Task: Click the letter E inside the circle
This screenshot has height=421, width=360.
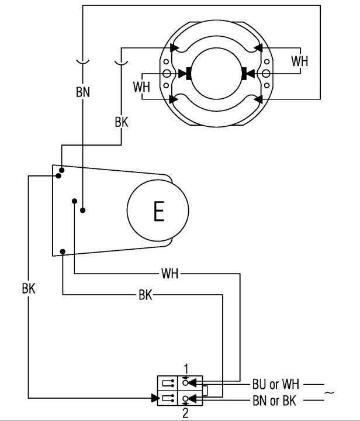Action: point(158,211)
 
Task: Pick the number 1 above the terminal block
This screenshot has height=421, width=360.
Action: point(186,368)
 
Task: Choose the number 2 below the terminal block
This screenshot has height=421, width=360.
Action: point(186,414)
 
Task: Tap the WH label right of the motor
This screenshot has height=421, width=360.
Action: point(300,60)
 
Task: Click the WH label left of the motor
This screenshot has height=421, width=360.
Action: point(141,87)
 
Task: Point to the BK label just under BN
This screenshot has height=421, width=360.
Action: point(122,123)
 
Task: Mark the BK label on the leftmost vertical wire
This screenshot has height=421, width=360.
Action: point(28,288)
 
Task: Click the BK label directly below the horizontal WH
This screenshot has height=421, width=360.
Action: point(146,295)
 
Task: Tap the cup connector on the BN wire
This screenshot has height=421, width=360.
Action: point(82,61)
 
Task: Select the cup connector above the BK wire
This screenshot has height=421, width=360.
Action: point(122,61)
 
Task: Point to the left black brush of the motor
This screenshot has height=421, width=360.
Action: point(189,74)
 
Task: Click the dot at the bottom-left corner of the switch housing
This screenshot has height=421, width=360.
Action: point(62,252)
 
